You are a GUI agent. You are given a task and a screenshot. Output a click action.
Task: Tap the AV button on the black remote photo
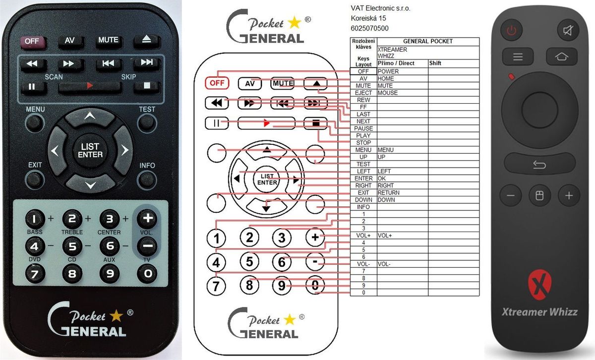pyautogui.click(x=70, y=41)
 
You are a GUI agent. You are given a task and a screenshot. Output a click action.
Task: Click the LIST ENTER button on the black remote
pyautogui.click(x=90, y=150)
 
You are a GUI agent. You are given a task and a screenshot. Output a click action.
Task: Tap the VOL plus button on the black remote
pyautogui.click(x=147, y=219)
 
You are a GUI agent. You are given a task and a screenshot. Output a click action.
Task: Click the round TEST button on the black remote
pyautogui.click(x=147, y=123)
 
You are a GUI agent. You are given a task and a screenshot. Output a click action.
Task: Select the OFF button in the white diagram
pyautogui.click(x=217, y=83)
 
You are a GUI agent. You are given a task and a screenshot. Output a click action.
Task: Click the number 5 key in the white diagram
pyautogui.click(x=249, y=262)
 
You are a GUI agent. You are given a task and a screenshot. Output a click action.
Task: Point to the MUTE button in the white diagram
pyautogui.click(x=282, y=83)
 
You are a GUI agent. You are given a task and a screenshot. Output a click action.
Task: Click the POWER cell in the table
pyautogui.click(x=403, y=71)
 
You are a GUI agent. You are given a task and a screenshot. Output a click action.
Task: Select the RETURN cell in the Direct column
pyautogui.click(x=403, y=192)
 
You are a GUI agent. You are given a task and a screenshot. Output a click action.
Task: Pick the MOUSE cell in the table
pyautogui.click(x=403, y=93)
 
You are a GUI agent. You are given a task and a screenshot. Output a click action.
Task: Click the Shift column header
pyautogui.click(x=454, y=63)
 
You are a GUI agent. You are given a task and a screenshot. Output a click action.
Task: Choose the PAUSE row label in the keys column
pyautogui.click(x=363, y=128)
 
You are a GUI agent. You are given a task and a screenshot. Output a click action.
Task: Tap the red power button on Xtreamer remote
pyautogui.click(x=511, y=30)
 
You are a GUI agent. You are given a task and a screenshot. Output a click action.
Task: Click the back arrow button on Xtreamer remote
pyautogui.click(x=539, y=164)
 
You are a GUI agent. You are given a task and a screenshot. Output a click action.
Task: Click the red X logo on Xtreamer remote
pyautogui.click(x=539, y=285)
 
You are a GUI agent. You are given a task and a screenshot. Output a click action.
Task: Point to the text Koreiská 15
pyautogui.click(x=368, y=18)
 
